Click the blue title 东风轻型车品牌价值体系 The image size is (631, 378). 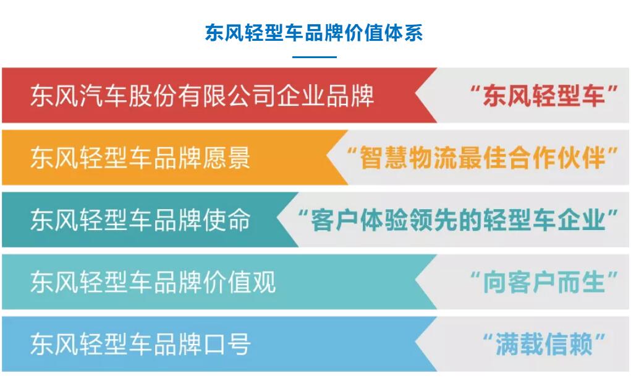pos(314,33)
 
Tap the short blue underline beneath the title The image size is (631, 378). pos(315,57)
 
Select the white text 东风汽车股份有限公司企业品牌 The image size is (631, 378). pos(202,95)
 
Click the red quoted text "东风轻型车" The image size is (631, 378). pos(544,95)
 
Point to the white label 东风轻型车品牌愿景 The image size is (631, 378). pos(140,158)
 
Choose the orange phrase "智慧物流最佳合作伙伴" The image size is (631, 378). pos(482,158)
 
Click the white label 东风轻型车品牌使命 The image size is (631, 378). pos(140,220)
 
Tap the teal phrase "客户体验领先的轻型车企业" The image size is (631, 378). pos(457,220)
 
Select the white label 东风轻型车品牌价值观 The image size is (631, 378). pos(153,281)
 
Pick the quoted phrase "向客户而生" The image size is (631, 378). pos(544,281)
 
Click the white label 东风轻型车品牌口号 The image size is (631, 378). pos(140,344)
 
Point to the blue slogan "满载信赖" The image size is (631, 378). pos(544,344)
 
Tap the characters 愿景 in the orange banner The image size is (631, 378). pos(226,158)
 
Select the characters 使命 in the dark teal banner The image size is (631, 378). pos(226,220)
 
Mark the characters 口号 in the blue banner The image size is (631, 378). pos(226,344)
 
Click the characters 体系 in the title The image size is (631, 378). pos(404,33)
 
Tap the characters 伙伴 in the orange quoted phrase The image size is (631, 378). pos(581,158)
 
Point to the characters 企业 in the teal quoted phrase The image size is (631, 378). pos(581,220)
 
